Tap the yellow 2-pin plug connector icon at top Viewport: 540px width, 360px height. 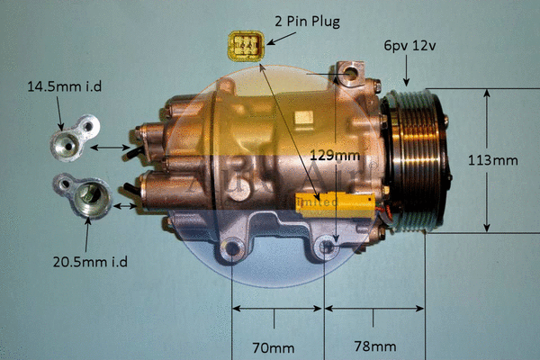click(245, 46)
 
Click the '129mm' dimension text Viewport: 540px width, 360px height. click(334, 156)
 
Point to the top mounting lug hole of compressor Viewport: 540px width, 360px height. click(352, 70)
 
